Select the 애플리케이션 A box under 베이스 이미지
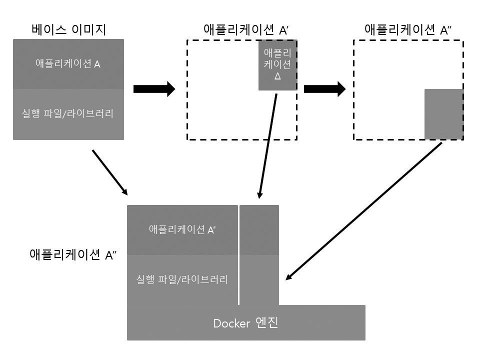pos(68,64)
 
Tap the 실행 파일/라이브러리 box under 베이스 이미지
pos(68,114)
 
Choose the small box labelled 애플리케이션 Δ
pos(277,65)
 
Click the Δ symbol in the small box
pos(278,77)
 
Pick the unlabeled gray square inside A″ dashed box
pos(443,114)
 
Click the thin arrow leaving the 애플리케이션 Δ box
pos(268,145)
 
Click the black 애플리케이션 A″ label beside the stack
pos(73,255)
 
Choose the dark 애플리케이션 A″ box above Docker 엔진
pos(182,230)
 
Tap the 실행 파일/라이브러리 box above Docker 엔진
pos(182,279)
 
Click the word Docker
pos(231,323)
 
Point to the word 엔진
pos(266,323)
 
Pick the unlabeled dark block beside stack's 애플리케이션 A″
pos(259,230)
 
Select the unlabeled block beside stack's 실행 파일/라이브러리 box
pos(259,279)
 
